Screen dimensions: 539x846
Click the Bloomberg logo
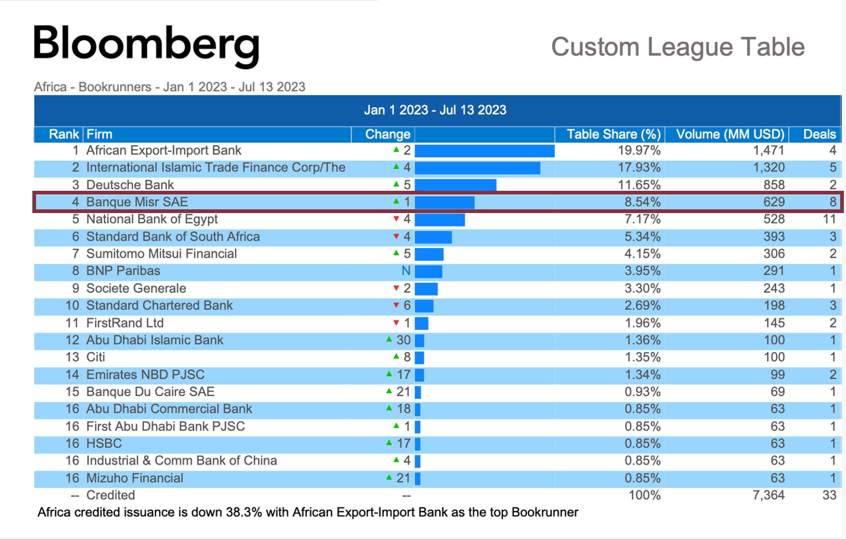(146, 45)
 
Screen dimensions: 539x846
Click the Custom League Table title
(677, 47)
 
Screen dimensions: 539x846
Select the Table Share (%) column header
(613, 135)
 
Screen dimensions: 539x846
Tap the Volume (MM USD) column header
(730, 135)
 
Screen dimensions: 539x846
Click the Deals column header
(819, 135)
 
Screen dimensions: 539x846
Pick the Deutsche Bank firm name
(130, 185)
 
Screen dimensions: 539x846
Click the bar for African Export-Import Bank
(484, 151)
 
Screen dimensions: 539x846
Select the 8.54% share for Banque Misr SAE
(642, 202)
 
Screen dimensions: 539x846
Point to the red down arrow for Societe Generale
(396, 288)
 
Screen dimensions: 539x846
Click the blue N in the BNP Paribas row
(406, 271)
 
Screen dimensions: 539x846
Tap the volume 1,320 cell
(769, 168)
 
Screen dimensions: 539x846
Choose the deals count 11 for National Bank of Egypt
(829, 219)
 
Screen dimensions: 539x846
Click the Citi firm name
(96, 357)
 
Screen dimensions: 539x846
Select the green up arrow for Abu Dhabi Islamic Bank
(389, 339)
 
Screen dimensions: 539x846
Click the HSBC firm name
(104, 444)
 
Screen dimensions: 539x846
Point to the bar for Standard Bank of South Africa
(433, 237)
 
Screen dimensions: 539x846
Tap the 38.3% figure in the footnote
(243, 513)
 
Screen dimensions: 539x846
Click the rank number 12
(72, 340)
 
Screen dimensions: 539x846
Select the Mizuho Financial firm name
(135, 478)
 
